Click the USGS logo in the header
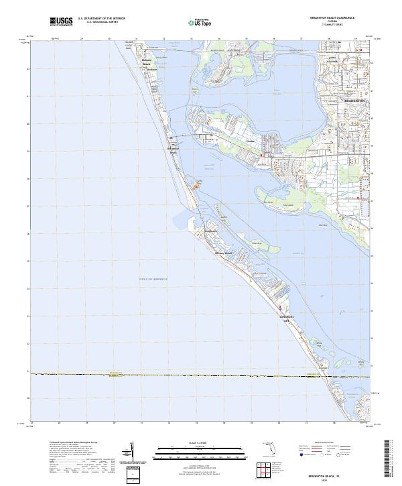coord(61,22)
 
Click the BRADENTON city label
coord(354,100)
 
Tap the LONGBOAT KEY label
coord(286,318)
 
